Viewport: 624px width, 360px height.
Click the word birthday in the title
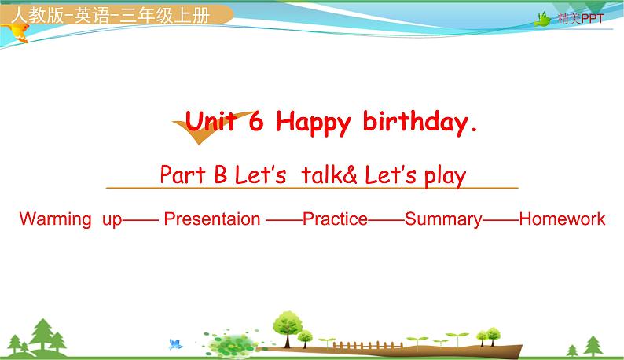tap(420, 122)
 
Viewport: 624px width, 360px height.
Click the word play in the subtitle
tap(446, 175)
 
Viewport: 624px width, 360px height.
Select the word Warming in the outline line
tap(55, 219)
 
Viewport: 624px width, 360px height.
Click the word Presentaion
tap(211, 219)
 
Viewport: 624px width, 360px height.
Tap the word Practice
tap(335, 219)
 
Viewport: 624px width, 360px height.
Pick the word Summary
tap(443, 219)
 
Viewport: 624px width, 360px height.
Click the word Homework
tap(562, 219)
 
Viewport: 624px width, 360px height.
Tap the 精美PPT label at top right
tap(580, 19)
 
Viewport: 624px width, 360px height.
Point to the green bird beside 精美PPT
tap(542, 19)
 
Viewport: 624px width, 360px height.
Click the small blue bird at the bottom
tap(175, 343)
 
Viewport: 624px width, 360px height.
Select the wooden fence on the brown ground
tap(346, 344)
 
